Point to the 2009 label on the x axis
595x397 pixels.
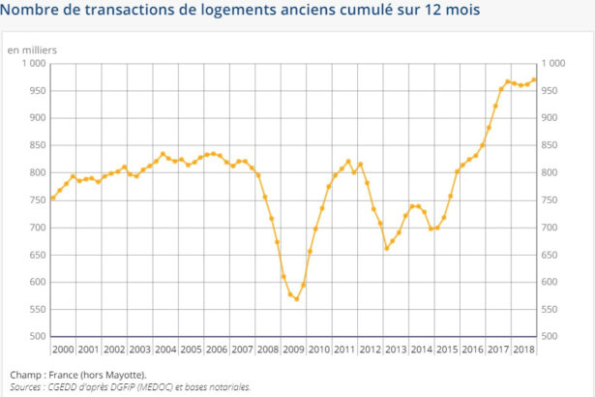(293, 349)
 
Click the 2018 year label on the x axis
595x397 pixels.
(523, 349)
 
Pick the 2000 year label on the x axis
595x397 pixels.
(63, 349)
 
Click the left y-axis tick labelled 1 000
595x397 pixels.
(32, 63)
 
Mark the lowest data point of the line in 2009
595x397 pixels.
(296, 298)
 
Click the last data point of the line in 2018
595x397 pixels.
(534, 79)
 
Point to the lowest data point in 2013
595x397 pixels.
(387, 248)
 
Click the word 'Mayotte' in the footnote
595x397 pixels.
(120, 375)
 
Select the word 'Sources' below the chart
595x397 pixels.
(28, 386)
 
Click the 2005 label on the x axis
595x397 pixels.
(191, 349)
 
